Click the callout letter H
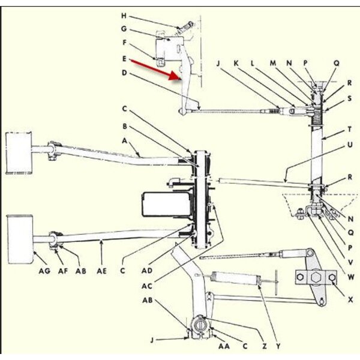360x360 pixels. (x=124, y=16)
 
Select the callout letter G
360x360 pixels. (x=124, y=29)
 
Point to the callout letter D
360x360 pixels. (x=124, y=73)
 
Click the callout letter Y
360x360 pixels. (x=277, y=345)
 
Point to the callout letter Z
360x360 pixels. (x=264, y=345)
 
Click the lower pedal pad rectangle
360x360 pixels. (x=20, y=238)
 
